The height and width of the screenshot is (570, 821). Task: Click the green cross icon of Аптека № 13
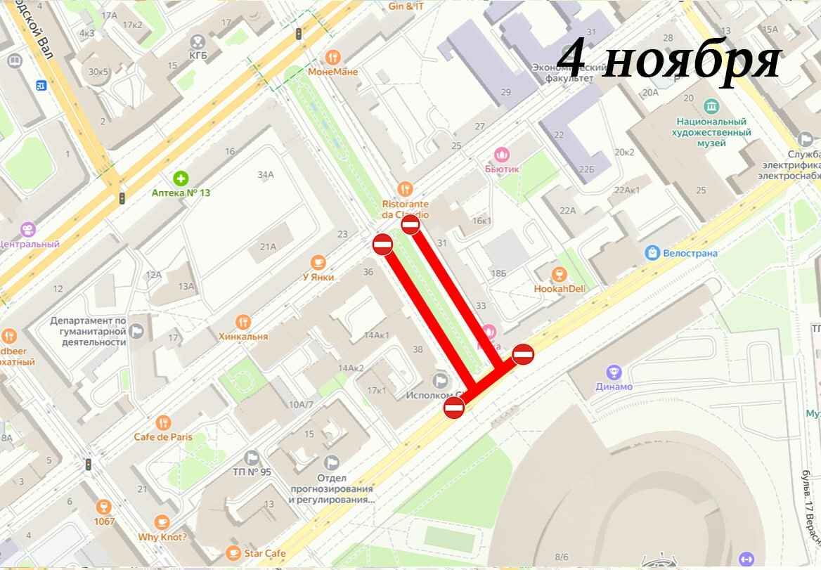[181, 178]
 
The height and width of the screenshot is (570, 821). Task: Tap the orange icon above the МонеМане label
[333, 57]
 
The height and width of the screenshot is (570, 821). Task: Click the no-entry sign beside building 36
[382, 245]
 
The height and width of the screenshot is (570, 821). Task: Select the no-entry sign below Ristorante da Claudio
[410, 225]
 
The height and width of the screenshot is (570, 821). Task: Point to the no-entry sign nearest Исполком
[454, 407]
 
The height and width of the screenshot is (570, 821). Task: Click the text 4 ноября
[669, 61]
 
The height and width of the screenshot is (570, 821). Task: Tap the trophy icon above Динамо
[614, 371]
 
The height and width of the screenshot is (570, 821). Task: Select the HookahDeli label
[560, 288]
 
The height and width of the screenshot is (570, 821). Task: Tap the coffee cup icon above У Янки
[318, 262]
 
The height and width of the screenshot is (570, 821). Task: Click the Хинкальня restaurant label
[243, 336]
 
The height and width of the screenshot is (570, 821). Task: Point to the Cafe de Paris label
[163, 436]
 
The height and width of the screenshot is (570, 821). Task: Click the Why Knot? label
[162, 537]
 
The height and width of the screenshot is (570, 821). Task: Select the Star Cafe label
[264, 553]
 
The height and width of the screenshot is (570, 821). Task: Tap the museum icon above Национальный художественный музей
[711, 106]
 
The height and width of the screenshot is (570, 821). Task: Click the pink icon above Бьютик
[502, 154]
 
